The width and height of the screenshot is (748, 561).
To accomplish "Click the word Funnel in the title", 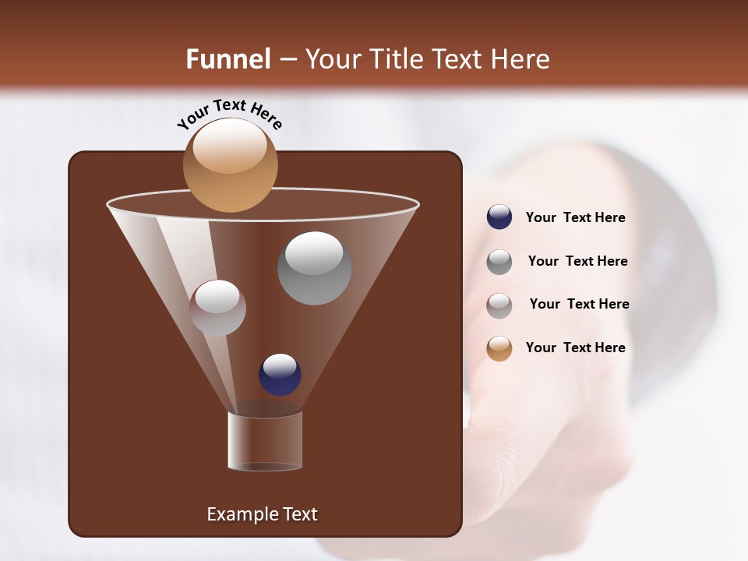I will coord(228,59).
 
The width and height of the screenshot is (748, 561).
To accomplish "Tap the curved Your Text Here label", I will coord(229,114).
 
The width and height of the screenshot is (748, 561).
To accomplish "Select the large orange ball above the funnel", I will coord(230,165).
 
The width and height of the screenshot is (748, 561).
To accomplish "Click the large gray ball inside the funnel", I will coord(314,268).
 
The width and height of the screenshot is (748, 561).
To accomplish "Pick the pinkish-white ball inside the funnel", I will coord(217,308).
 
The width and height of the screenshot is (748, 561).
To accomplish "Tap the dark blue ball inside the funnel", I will coord(280,374).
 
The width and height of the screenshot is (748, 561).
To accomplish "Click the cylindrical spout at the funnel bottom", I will coord(265,441).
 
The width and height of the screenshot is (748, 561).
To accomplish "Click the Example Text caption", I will coord(262,514).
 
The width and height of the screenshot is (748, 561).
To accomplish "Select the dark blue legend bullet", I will coord(499,217).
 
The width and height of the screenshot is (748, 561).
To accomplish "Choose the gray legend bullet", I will coord(499,261).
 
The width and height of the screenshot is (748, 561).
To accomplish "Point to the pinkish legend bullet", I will coord(499,305).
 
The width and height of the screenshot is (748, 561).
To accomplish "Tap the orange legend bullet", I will coord(499,348).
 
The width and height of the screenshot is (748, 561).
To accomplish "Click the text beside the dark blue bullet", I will coord(575,218).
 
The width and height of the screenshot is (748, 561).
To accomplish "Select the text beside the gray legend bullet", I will coord(577,261).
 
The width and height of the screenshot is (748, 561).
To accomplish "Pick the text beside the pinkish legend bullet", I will coord(579,304).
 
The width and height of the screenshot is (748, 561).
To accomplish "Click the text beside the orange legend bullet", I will coord(575,348).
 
